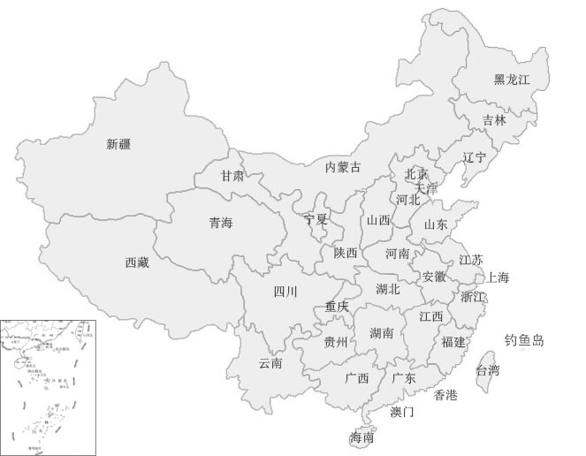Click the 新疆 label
coord(118,144)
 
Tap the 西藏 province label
coord(137,262)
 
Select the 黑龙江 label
coord(512,80)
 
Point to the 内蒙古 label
coord(343,167)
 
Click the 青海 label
coord(220,223)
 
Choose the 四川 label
coord(285,292)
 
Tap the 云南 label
coord(270,363)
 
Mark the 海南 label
coord(361,437)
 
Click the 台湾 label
coord(488,370)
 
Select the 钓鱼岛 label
coord(524,340)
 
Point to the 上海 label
coord(498,278)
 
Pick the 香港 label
coord(445,395)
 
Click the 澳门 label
coord(401,412)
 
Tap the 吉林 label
coord(495,120)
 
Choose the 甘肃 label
coord(232,176)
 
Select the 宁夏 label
coord(316,219)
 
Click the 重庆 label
coord(337,307)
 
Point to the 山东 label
coord(436,224)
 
